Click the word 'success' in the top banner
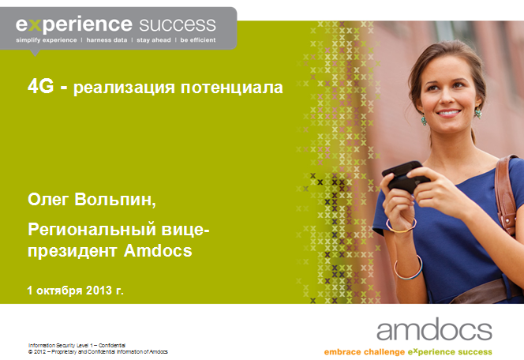pyautogui.click(x=178, y=25)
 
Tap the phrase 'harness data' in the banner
pyautogui.click(x=107, y=40)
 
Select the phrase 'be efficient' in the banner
pyautogui.click(x=198, y=40)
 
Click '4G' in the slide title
pyautogui.click(x=40, y=87)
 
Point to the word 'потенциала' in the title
pyautogui.click(x=232, y=88)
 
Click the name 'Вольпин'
pyautogui.click(x=115, y=200)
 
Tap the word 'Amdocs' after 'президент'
pyautogui.click(x=158, y=251)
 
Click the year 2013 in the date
pyautogui.click(x=99, y=291)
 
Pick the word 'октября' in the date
pyautogui.click(x=59, y=291)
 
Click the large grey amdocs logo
pyautogui.click(x=434, y=329)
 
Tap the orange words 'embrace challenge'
pyautogui.click(x=365, y=352)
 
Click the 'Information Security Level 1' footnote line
pyautogui.click(x=77, y=345)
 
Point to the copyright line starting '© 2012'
pyautogui.click(x=98, y=351)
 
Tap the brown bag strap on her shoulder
pyautogui.click(x=505, y=194)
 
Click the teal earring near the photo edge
pyautogui.click(x=424, y=119)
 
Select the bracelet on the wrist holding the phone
pyautogui.click(x=401, y=226)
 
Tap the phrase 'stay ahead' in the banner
pyautogui.click(x=154, y=40)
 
